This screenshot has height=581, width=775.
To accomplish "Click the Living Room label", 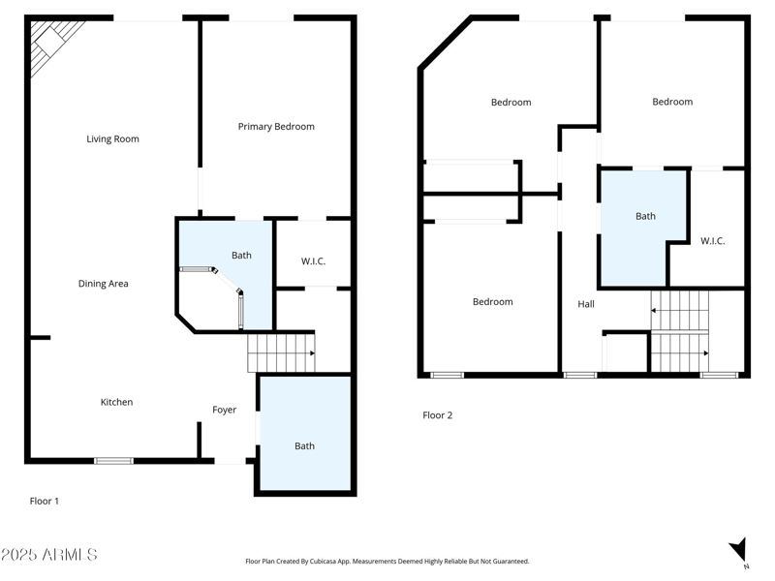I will click(112, 139).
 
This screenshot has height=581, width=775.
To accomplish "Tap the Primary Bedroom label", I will click(276, 127).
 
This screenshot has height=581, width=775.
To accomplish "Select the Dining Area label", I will click(104, 284).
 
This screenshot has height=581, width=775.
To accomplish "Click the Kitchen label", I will click(117, 403).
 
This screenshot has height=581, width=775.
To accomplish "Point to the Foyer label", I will click(225, 411).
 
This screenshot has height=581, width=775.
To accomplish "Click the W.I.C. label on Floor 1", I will click(313, 260).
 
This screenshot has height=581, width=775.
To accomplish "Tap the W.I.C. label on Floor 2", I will click(712, 241).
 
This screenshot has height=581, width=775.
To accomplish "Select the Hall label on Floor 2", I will click(586, 304).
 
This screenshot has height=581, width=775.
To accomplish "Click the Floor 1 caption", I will click(45, 502).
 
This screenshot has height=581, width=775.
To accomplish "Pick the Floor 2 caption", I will click(438, 415).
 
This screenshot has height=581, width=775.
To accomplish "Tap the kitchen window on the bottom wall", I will click(113, 461).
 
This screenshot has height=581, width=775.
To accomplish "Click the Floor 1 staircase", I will click(281, 352).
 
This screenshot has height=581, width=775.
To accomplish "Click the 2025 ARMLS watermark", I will click(49, 555).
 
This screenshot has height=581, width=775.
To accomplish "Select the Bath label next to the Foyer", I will click(304, 446).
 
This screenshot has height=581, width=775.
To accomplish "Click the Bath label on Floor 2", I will click(645, 217).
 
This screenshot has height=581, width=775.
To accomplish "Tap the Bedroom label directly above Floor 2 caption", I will click(492, 302).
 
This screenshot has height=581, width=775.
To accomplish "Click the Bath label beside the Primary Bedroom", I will click(241, 256).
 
